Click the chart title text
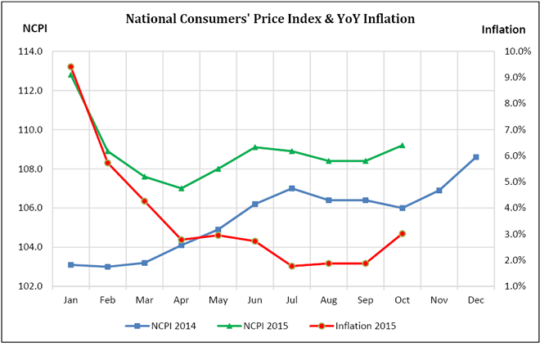269,17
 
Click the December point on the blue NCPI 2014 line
475,157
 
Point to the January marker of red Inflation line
70,66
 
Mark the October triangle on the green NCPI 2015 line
402,146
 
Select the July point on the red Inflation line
291,266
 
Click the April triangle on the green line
181,188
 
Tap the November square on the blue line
439,191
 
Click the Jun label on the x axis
254,300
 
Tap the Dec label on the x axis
475,300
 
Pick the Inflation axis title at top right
502,29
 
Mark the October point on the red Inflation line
402,234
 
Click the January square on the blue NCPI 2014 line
70,265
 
